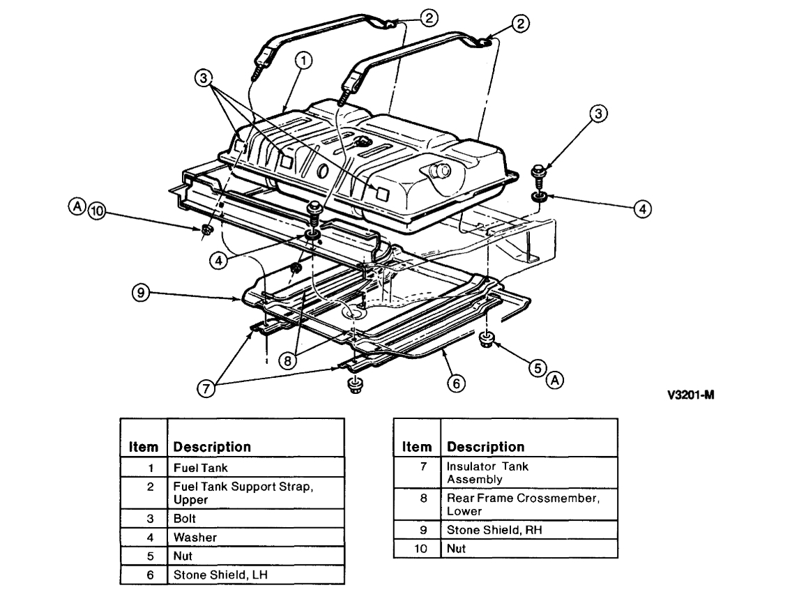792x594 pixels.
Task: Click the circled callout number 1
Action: (x=301, y=61)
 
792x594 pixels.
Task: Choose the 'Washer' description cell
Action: (x=195, y=538)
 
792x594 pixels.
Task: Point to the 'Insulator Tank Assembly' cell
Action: (x=487, y=473)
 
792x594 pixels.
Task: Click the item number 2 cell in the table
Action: (x=142, y=487)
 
